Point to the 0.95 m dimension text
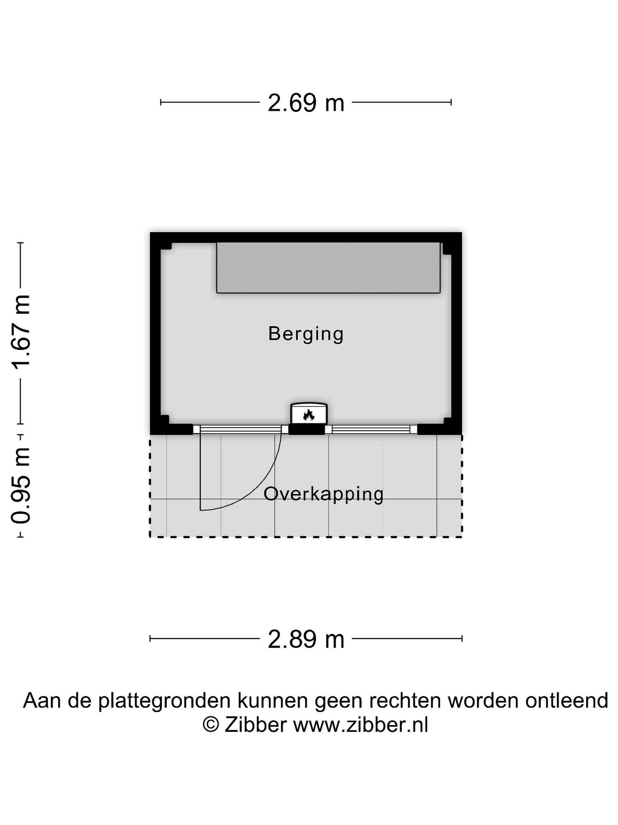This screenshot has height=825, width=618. tap(21, 485)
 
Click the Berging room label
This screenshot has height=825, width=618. tap(306, 334)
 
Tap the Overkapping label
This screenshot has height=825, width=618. tap(323, 494)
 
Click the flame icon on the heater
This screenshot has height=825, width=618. tap(308, 415)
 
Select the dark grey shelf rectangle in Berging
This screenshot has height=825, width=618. tap(328, 268)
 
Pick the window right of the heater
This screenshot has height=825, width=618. tap(371, 429)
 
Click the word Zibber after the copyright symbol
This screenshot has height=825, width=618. tap(255, 725)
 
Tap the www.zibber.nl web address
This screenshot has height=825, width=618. tap(360, 725)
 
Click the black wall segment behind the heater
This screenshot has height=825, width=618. tap(307, 430)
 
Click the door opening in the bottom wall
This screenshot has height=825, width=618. tap(241, 429)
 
